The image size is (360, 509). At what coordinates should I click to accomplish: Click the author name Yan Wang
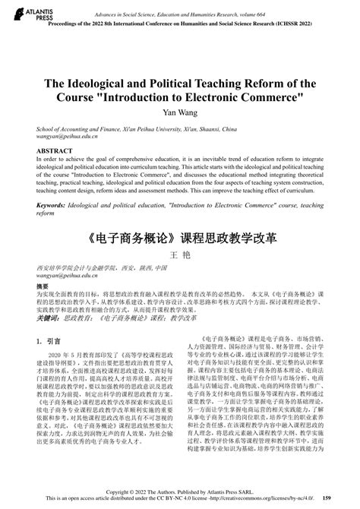click(x=179, y=112)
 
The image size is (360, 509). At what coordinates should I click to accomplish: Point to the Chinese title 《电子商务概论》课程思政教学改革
click(x=179, y=237)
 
